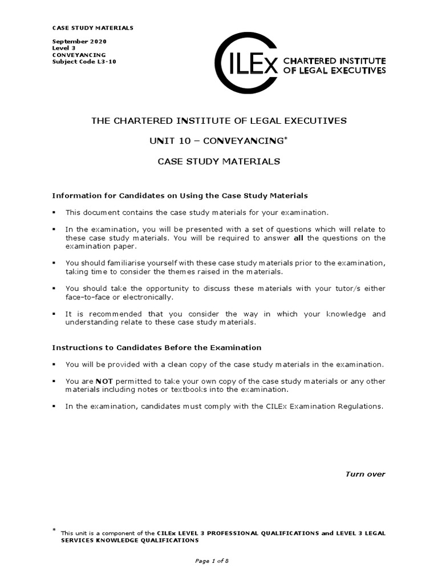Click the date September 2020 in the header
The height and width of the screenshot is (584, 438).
(79, 42)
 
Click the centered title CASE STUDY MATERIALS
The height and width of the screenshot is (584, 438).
(218, 161)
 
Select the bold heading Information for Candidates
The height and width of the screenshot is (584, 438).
(180, 196)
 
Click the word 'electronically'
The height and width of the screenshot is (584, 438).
(143, 297)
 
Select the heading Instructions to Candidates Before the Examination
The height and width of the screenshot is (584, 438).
(156, 347)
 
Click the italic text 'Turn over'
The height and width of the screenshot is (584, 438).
(366, 474)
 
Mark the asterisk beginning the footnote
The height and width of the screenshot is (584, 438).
(54, 530)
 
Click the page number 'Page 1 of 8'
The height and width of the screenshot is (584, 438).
(212, 561)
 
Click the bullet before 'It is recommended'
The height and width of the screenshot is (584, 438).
(54, 314)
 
